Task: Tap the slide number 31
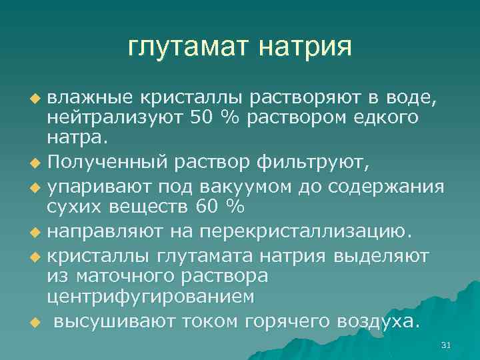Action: [x=447, y=345]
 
